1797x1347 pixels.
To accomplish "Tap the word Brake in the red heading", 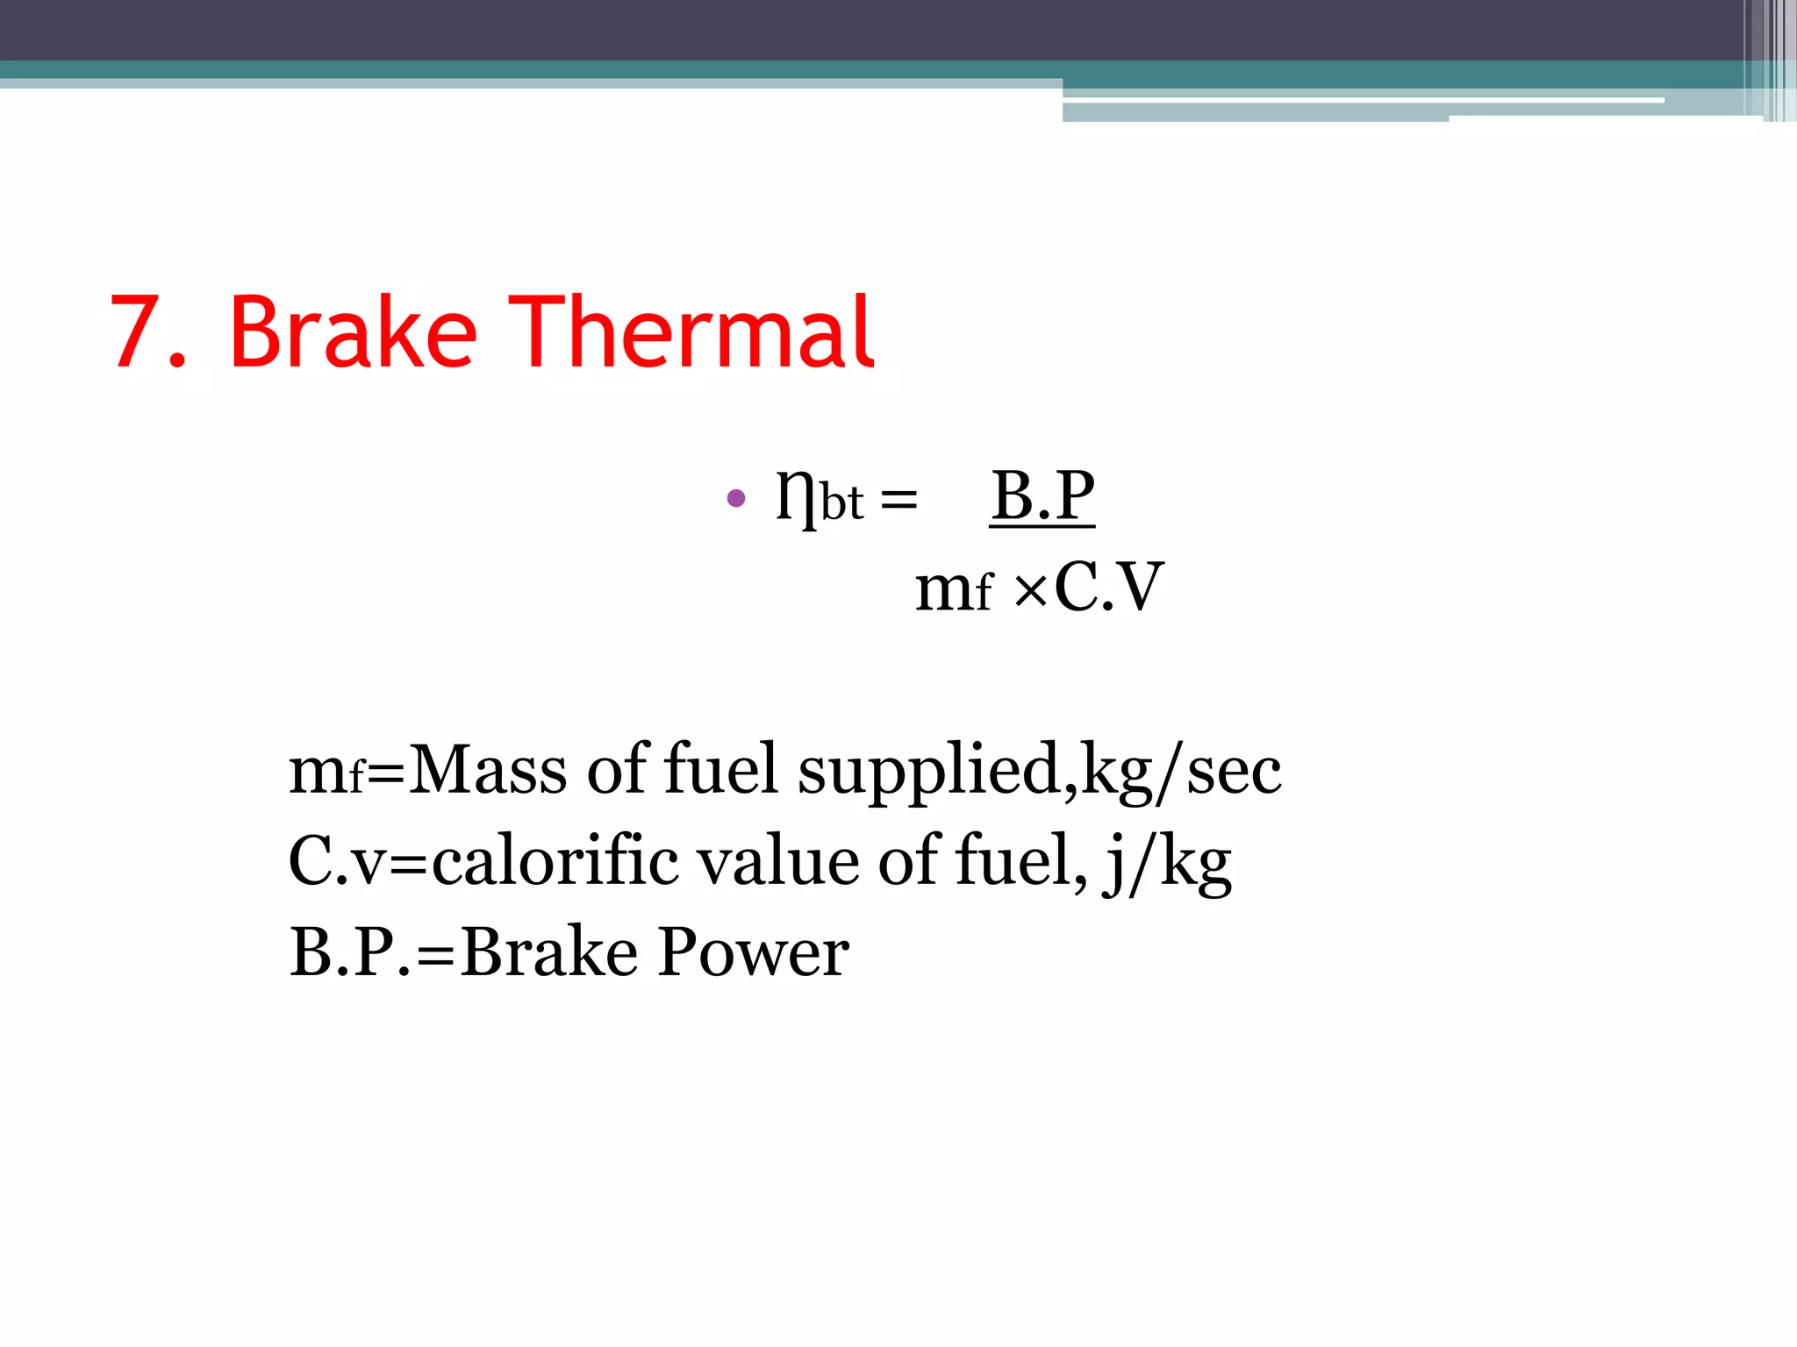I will pos(353,333).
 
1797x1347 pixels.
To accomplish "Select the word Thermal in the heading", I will pos(691,333).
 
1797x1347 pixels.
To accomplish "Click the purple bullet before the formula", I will pos(736,499).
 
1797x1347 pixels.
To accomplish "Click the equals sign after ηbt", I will pos(898,502).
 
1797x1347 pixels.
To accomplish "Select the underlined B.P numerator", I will pos(1042,495).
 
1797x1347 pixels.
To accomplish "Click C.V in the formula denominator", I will pos(1108,588).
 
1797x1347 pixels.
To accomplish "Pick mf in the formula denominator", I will pos(954,589).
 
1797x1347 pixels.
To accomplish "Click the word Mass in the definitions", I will pos(488,770).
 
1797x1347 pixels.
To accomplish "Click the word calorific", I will pos(555,861).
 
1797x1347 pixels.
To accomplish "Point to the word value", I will pos(777,861).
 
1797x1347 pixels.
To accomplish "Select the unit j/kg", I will pos(1168,864).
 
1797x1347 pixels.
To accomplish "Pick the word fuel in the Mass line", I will pos(720,770).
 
